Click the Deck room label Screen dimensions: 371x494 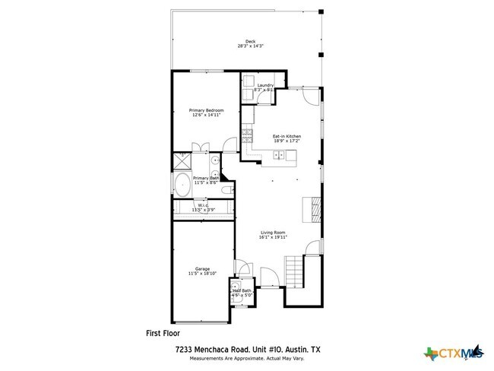tap(250, 41)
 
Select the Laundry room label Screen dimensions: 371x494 tap(265, 85)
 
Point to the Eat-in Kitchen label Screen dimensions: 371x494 tap(288, 136)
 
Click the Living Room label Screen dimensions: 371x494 tap(272, 232)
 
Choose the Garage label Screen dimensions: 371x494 tap(202, 268)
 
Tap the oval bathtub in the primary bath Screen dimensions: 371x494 tap(183, 185)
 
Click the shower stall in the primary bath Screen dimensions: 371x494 tap(182, 160)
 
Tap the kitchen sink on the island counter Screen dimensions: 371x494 tap(279, 156)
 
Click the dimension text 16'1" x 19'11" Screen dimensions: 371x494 tap(272, 237)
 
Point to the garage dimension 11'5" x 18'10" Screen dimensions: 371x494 tap(202, 274)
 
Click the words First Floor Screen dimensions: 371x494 tap(163, 332)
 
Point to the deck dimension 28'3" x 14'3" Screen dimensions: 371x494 tap(250, 46)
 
